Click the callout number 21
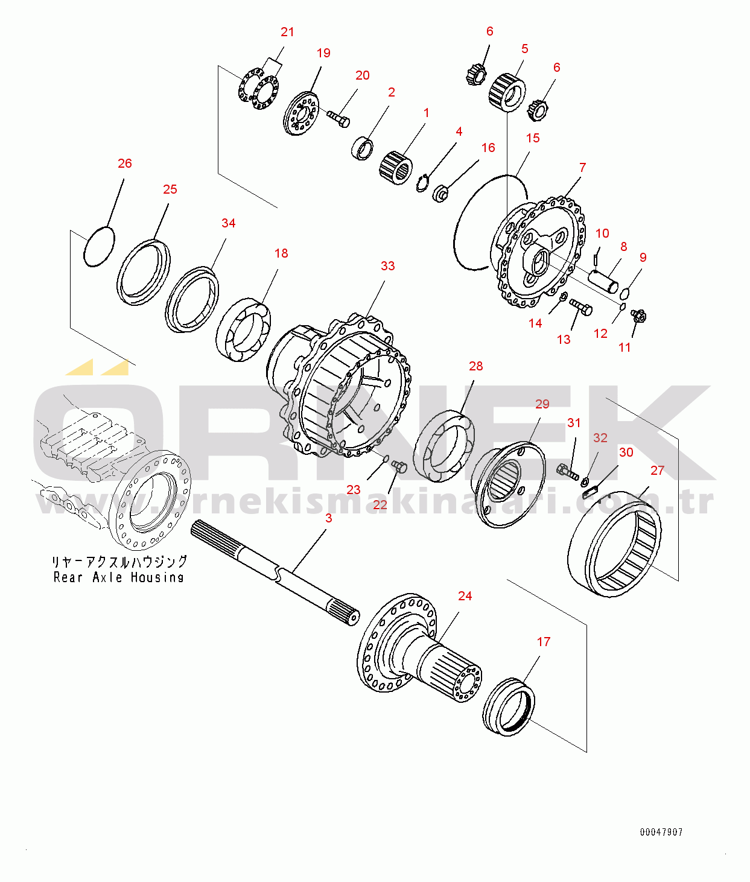287,32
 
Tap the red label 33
387,266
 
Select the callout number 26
124,163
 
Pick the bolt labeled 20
338,118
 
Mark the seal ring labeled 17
509,707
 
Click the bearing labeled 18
243,330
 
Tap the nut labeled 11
638,315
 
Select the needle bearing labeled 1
395,167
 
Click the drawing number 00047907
661,832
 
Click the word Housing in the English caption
157,577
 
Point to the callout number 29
542,404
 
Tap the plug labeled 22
399,466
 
